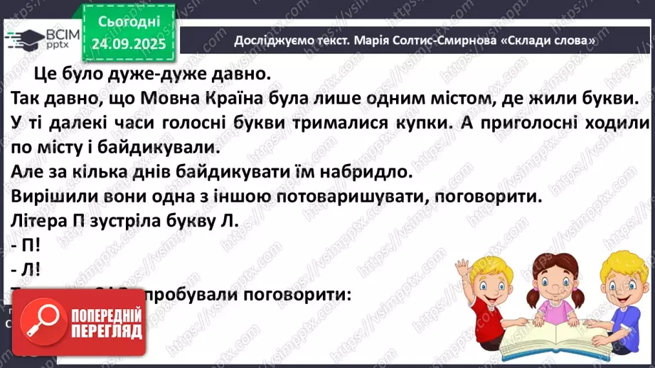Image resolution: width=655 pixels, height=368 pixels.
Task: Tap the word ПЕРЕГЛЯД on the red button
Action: tap(105, 332)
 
